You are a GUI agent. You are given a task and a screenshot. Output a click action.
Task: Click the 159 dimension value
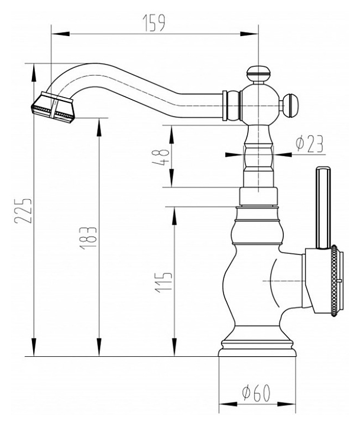tap(154, 23)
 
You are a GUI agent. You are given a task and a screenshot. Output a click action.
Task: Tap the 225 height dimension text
tap(23, 211)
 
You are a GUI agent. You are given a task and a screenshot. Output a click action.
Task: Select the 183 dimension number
tap(88, 237)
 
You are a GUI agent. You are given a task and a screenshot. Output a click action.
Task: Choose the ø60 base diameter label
tap(257, 393)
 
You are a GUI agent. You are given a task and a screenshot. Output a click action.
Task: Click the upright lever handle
tap(323, 208)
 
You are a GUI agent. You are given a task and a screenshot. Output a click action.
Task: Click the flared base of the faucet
tap(257, 347)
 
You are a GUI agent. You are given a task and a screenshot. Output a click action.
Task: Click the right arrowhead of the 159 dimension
tap(248, 34)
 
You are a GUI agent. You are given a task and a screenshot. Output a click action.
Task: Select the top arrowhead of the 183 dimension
tap(99, 127)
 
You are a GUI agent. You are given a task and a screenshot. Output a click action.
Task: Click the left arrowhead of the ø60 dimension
tap(228, 405)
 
